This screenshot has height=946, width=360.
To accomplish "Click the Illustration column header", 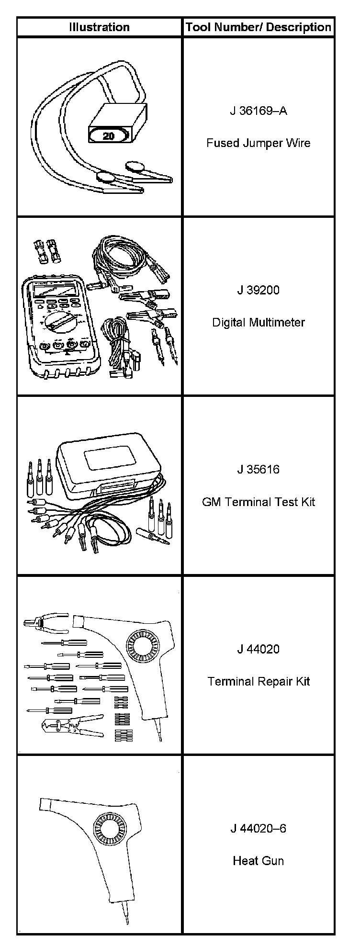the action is (99, 27).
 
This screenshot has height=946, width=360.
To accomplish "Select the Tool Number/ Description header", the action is (259, 27).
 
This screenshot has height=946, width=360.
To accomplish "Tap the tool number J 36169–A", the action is (259, 111).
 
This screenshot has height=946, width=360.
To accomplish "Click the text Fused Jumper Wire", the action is (259, 143).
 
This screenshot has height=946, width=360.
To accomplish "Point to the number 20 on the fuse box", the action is (109, 135).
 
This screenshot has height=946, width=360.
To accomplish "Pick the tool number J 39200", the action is (259, 290).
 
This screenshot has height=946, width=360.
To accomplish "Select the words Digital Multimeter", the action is (259, 322).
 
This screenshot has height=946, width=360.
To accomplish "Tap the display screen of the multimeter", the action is (52, 289).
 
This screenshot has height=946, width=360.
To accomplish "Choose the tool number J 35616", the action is (259, 469).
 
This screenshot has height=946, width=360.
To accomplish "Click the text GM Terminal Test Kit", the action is (259, 502).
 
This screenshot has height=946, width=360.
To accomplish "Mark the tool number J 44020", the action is (259, 649).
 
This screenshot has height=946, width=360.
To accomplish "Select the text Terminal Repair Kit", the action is (259, 681).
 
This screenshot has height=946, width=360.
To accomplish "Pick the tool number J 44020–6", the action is (259, 828).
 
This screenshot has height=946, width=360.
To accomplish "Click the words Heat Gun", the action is (259, 861).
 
